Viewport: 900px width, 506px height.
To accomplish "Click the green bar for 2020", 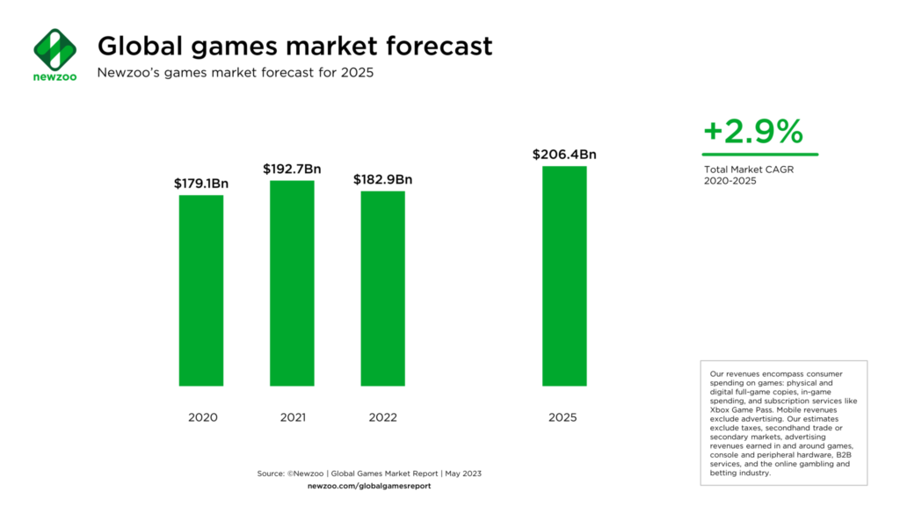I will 201,290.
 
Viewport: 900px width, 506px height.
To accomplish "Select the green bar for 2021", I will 292,283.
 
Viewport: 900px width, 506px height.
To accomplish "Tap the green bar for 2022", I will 382,288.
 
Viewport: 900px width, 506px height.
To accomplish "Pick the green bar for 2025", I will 564,276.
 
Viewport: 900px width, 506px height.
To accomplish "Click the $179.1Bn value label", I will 202,184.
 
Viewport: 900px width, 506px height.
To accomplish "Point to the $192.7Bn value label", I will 292,169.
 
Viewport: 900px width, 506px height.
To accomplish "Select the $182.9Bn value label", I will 382,179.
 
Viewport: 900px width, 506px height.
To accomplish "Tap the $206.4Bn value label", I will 564,155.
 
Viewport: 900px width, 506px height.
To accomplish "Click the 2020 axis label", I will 202,417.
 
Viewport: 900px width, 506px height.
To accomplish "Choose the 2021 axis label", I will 292,417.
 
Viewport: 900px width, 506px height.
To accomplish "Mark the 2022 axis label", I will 382,417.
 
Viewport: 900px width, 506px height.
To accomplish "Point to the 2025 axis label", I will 563,417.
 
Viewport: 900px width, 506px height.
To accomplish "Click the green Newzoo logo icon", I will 54,49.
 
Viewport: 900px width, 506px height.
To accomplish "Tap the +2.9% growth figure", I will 753,132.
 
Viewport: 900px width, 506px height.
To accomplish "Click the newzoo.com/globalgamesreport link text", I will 369,486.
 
